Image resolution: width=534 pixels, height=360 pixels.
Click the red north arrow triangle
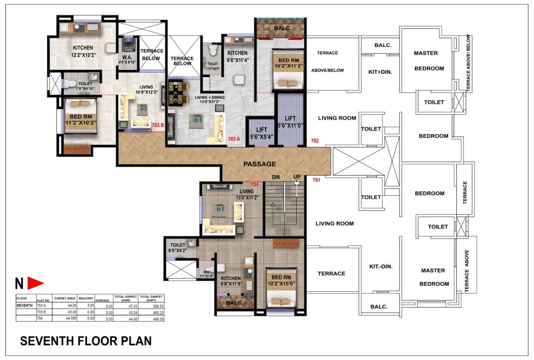tap(35, 283)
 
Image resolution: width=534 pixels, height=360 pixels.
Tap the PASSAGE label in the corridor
tap(260, 164)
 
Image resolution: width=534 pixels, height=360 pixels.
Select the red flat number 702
tap(315, 141)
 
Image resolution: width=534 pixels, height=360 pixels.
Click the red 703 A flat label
tap(234, 139)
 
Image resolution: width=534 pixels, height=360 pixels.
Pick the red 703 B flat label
tap(158, 126)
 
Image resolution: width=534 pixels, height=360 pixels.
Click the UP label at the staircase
tap(297, 177)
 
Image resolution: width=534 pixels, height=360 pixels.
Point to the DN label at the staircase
tap(276, 177)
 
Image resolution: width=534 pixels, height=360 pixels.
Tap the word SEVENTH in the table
tap(25, 306)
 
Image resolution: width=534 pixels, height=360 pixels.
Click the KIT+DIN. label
tap(380, 72)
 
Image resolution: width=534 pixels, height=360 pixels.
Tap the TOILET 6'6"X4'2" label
tap(178, 248)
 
